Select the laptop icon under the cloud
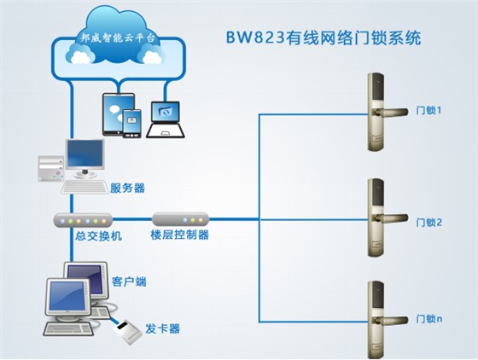[x=165, y=119]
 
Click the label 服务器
[x=127, y=188]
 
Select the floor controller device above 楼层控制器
[x=180, y=218]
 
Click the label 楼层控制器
[x=180, y=235]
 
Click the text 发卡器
[x=162, y=328]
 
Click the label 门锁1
[x=428, y=110]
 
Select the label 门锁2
[x=428, y=223]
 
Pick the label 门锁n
[x=428, y=318]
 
